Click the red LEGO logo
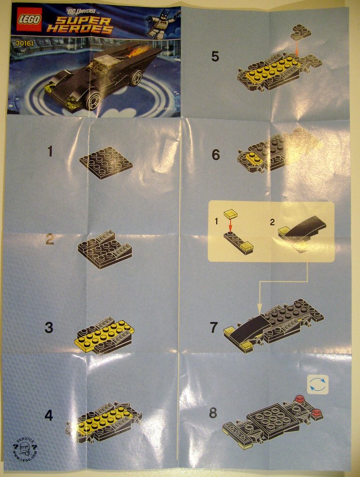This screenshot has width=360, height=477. [29, 19]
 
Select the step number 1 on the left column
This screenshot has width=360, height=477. [50, 151]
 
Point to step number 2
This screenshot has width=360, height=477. [50, 239]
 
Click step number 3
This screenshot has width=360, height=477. [49, 327]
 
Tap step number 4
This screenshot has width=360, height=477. [49, 415]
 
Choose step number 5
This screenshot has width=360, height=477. [215, 56]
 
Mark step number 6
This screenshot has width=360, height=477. [215, 155]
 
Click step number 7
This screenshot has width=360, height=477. [214, 327]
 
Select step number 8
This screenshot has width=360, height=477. [213, 413]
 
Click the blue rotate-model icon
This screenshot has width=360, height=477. [318, 385]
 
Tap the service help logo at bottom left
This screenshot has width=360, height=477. [25, 449]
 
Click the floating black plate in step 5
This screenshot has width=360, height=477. [301, 32]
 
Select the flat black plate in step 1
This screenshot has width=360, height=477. [106, 162]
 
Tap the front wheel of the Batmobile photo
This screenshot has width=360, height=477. [94, 100]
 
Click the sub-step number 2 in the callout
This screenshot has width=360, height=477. [272, 222]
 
